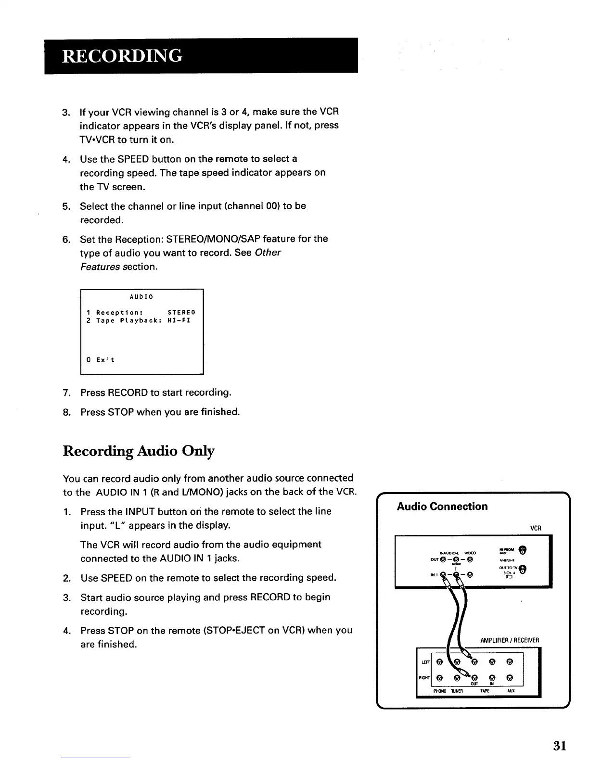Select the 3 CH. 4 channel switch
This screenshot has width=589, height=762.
coord(508,577)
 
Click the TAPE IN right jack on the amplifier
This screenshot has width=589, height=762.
coord(492,679)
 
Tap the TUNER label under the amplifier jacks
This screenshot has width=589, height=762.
coord(456,691)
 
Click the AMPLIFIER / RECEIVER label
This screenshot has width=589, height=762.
coord(510,640)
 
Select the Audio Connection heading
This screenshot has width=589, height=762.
coord(442,507)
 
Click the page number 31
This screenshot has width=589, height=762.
coord(559,746)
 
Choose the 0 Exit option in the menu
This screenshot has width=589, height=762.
coord(100,360)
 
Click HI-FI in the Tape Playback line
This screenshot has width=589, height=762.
coord(179,320)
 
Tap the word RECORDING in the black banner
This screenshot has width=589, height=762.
coord(122,56)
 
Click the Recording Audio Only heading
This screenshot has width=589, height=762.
coord(139,451)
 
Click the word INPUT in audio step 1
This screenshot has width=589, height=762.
coord(140,511)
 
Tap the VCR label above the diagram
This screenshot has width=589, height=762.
coord(536,528)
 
